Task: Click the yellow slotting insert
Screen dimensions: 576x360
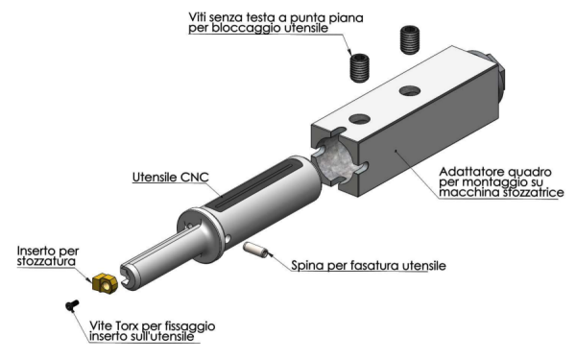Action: tap(105, 283)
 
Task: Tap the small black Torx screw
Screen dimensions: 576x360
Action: tap(72, 305)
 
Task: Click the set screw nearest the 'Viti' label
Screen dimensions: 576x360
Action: tap(359, 67)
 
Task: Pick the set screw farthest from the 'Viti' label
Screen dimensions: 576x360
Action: tap(410, 39)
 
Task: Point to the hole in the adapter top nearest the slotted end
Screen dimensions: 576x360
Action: tap(359, 119)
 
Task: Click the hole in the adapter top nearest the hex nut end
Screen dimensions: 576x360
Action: tap(410, 90)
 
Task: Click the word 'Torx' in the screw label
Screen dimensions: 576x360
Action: tap(128, 325)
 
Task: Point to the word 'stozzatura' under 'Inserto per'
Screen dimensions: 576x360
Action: tap(46, 261)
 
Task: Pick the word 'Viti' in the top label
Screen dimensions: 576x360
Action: tap(197, 17)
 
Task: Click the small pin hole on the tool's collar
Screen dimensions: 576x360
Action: tap(228, 239)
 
